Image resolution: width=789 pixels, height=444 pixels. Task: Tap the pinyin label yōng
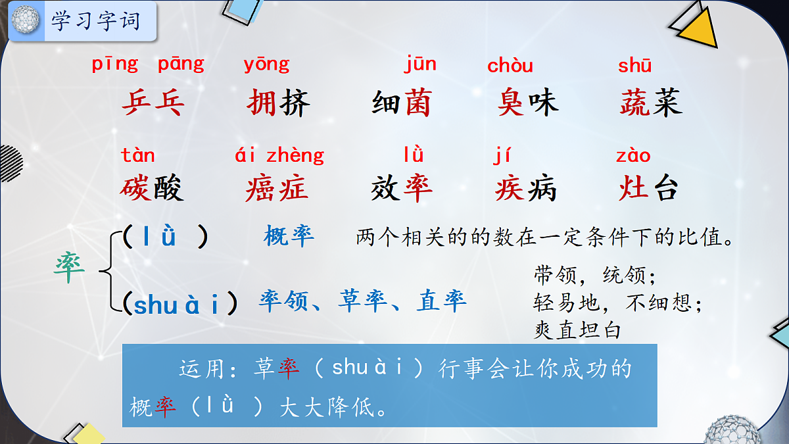point(266,64)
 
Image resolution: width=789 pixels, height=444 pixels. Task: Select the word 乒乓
point(153,103)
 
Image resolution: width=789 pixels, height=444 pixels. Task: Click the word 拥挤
point(278,103)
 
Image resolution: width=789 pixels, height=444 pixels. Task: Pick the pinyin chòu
point(510,66)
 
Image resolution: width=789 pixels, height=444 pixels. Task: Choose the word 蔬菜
point(651,103)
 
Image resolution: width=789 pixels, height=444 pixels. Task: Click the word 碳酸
point(153,189)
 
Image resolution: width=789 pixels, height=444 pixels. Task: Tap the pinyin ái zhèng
point(279,156)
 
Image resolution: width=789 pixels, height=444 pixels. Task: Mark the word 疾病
point(526,189)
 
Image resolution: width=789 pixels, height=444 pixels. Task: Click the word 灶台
point(648,189)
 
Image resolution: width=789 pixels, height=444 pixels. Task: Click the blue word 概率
point(289,235)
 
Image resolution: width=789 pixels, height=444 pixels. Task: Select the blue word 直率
point(442,301)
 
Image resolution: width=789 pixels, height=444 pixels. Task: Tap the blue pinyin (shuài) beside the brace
point(185,304)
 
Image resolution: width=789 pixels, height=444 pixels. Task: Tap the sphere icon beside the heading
point(26,20)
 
